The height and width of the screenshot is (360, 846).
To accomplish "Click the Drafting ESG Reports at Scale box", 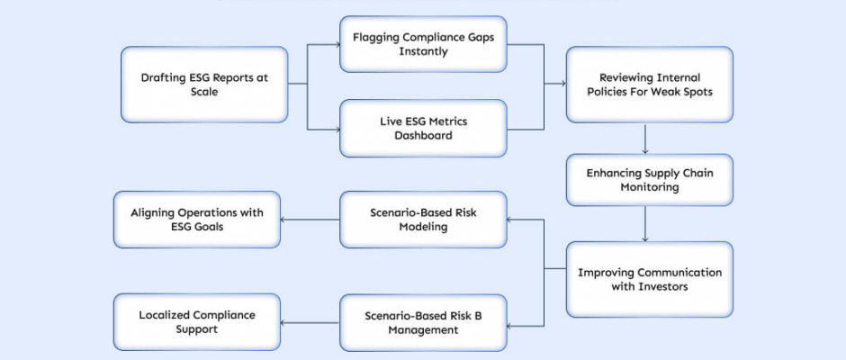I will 204,85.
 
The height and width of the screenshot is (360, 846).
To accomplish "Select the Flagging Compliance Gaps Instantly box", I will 422,45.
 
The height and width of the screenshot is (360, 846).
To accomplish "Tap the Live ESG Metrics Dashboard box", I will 422,128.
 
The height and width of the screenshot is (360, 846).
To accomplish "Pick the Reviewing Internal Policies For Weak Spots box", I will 649,85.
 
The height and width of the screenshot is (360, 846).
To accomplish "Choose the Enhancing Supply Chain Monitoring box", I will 649,180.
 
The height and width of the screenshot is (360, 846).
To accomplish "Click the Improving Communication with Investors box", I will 649,279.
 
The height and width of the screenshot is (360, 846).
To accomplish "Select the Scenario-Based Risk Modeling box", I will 422,220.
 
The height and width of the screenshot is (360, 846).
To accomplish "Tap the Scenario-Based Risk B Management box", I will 422,322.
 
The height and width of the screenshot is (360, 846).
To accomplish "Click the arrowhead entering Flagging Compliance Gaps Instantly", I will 335,45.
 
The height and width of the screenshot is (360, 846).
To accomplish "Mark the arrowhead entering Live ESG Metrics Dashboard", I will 335,128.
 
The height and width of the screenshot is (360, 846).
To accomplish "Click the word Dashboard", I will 422,136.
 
